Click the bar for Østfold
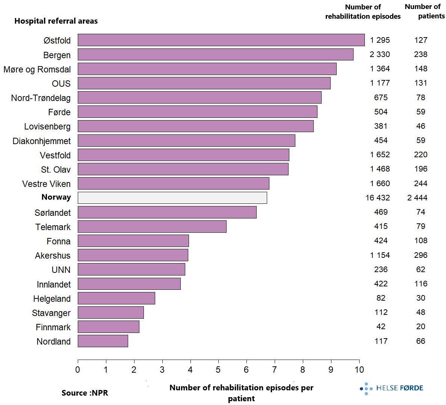click(221, 40)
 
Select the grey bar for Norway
click(172, 198)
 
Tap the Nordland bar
click(103, 341)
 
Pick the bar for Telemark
click(152, 227)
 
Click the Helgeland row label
click(52, 299)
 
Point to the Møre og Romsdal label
click(37, 69)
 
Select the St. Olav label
click(56, 170)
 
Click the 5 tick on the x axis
click(218, 370)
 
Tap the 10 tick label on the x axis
click(359, 370)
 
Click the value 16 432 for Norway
click(378, 198)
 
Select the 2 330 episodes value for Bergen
click(380, 54)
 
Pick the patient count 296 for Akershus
click(421, 255)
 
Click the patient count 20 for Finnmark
click(421, 327)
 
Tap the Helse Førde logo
click(392, 388)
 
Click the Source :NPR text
click(85, 393)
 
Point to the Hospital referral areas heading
click(56, 21)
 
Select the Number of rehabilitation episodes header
click(363, 12)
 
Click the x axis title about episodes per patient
click(241, 393)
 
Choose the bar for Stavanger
click(110, 313)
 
